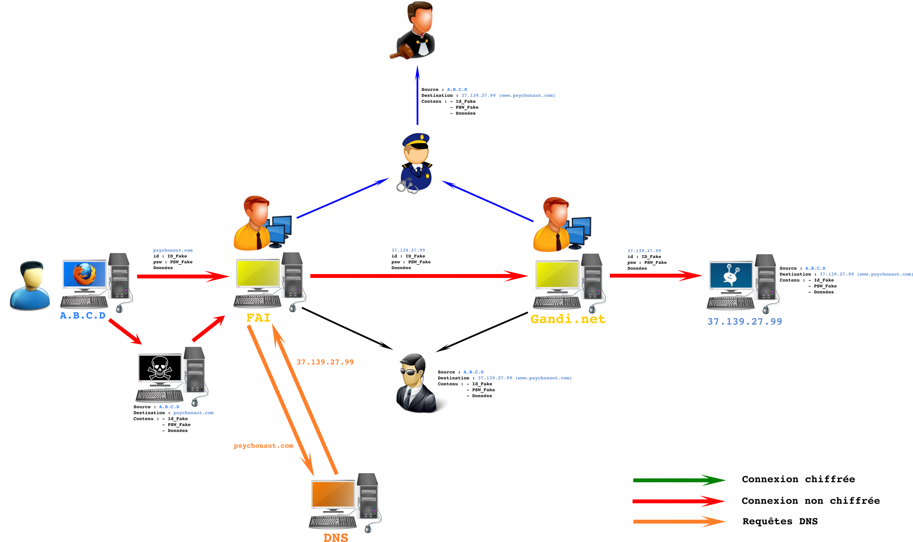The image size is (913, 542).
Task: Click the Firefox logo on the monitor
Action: pos(85,274)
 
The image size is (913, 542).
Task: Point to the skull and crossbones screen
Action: pos(160,368)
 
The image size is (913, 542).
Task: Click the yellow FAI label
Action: pos(259,318)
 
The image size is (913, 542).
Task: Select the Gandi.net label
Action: pos(568,319)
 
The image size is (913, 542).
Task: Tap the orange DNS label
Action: pos(336,537)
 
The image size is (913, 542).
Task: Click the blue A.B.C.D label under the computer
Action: pos(83,316)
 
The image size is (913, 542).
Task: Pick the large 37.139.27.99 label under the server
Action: pos(745,321)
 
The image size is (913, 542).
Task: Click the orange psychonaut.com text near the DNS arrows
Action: pos(263,445)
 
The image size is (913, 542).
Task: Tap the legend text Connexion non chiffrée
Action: pos(810,501)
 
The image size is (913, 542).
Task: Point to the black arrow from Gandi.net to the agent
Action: pos(483,332)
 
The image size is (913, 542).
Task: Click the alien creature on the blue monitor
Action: pos(730,275)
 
